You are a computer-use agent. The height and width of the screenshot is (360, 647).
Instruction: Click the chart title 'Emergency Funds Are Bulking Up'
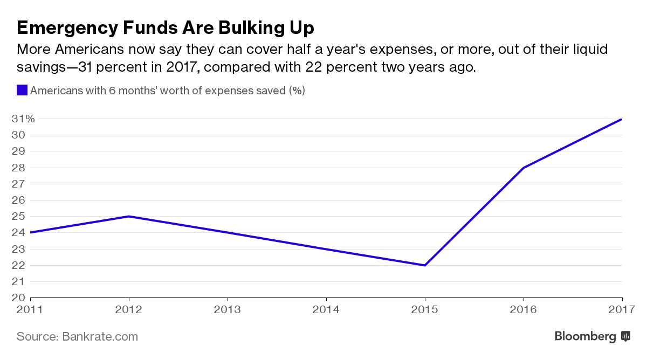point(166,27)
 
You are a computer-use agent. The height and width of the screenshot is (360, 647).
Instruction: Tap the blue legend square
point(22,90)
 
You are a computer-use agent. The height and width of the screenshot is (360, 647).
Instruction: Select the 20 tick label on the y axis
point(18,297)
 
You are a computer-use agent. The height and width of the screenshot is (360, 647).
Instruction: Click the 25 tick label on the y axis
point(18,216)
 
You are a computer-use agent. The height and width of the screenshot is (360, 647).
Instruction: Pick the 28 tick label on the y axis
point(18,168)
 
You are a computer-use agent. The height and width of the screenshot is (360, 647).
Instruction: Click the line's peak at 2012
point(129,216)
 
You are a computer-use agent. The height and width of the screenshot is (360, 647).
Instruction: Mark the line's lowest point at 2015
point(425,265)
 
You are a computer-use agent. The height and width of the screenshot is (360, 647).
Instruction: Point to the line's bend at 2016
point(524,168)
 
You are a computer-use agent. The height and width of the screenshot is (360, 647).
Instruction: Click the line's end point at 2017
point(622,119)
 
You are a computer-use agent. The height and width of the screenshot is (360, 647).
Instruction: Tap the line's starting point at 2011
point(31,232)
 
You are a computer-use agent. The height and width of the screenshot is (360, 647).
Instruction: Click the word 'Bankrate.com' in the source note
point(100,337)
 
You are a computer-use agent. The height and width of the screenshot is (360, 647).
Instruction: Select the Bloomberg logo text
point(585,336)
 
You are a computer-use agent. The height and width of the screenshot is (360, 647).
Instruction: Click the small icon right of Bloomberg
point(625,336)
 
